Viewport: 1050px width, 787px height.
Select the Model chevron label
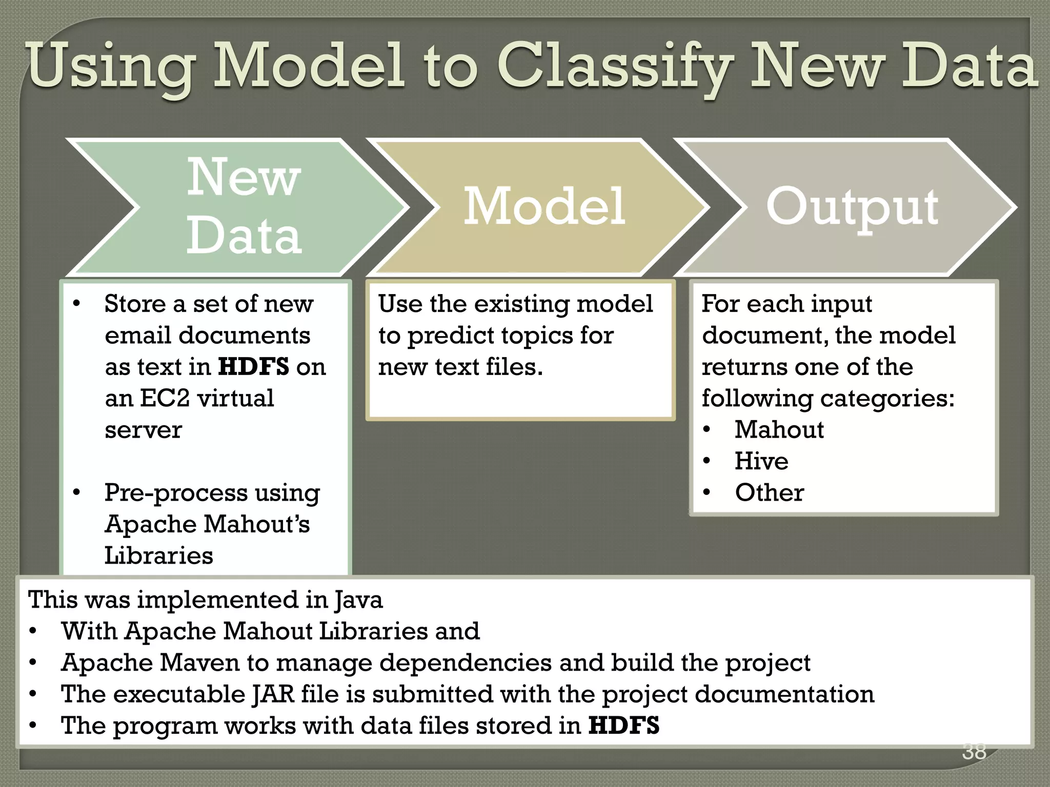tap(544, 206)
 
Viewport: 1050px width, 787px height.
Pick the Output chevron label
tap(852, 207)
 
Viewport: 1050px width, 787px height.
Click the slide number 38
tap(974, 751)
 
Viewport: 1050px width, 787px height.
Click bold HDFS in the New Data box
tap(253, 367)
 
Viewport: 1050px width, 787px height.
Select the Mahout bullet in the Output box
tap(778, 429)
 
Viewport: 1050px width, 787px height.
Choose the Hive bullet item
tap(761, 461)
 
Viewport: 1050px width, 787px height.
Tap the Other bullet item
tap(769, 492)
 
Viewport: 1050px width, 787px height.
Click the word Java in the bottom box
tap(358, 599)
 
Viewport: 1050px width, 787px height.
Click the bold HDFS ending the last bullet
tap(623, 726)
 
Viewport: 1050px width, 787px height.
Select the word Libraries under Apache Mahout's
tap(158, 555)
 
